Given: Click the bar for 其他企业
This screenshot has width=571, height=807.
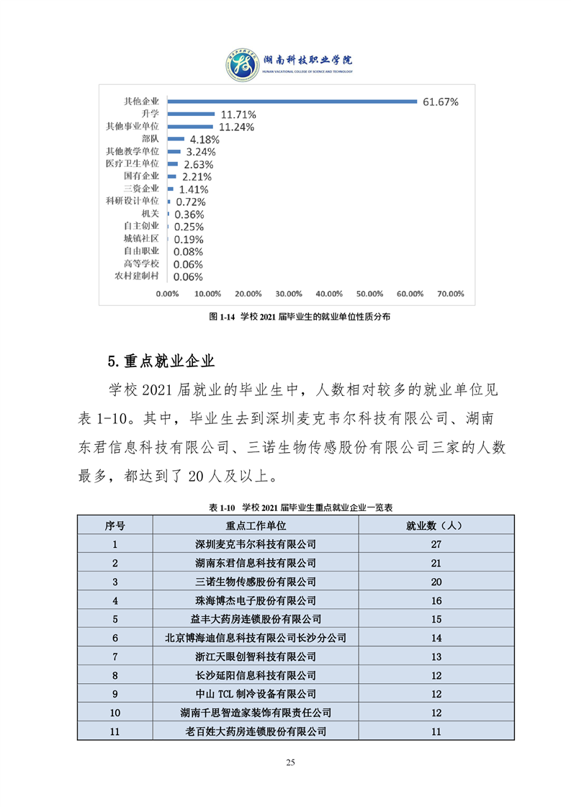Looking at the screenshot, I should (292, 102).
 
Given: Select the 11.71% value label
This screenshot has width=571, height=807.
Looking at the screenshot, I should (238, 114).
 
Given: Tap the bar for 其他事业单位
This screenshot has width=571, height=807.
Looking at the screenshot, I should (191, 127).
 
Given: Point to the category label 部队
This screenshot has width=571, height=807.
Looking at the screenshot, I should (151, 139).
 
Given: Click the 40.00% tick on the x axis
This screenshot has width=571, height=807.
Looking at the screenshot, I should (330, 294).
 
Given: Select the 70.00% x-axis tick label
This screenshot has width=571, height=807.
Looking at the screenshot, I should (451, 294).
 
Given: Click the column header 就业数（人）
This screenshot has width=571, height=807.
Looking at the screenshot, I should (436, 526).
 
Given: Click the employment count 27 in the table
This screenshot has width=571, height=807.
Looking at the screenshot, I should (436, 544).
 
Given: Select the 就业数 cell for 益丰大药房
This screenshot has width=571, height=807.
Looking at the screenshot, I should (436, 619).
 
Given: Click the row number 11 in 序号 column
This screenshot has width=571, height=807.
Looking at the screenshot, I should (114, 731).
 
